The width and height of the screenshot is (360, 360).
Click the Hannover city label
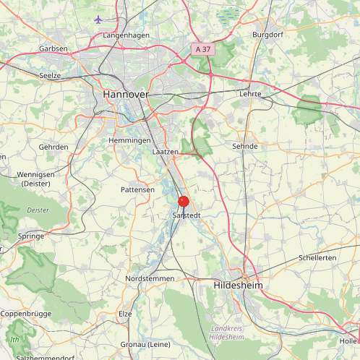click(x=126, y=95)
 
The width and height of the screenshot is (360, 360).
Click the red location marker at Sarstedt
click(x=184, y=202)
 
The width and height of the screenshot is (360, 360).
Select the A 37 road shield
click(x=203, y=48)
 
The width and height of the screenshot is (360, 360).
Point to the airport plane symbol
click(x=99, y=20)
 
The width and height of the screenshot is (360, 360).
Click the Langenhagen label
click(x=126, y=35)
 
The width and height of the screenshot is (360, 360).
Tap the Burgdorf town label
click(x=266, y=35)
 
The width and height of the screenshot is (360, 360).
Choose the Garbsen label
click(x=54, y=49)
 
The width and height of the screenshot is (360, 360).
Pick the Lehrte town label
click(x=249, y=94)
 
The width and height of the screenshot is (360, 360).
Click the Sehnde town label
click(x=245, y=146)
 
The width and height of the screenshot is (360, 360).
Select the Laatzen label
click(x=166, y=152)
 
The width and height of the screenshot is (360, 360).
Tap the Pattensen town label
click(x=138, y=189)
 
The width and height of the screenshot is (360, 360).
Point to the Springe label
click(x=31, y=236)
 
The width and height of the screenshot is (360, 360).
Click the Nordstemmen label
click(x=150, y=278)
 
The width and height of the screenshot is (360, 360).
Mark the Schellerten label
click(x=317, y=258)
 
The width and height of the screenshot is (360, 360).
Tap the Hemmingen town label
click(x=129, y=140)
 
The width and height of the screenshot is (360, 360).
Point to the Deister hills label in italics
click(x=38, y=210)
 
